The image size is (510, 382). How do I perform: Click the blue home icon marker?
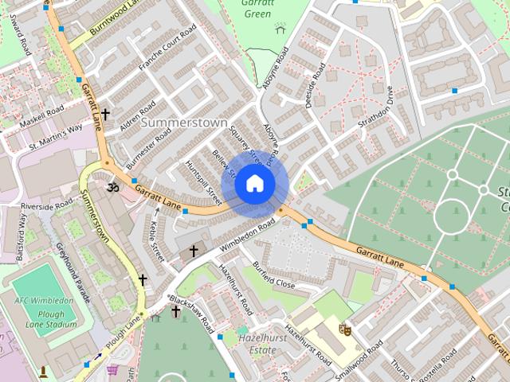tap(254, 184)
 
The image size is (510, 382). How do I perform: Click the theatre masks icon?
tap(345, 327)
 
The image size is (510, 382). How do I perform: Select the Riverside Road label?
tap(47, 206)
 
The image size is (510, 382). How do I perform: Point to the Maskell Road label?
tap(41, 115)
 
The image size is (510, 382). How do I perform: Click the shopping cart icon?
tap(112, 369)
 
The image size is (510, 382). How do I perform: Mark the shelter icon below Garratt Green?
tap(280, 28)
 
